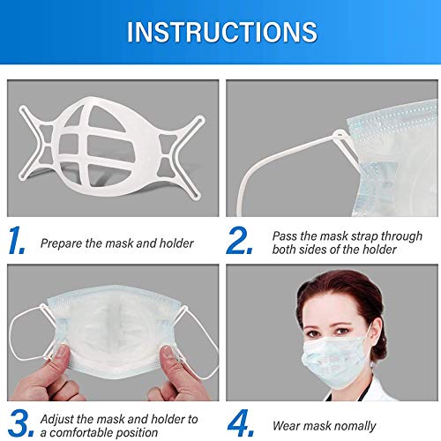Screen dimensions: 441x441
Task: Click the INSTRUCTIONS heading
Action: pos(220,32)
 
